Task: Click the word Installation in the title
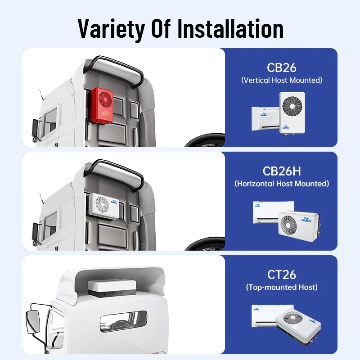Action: point(230,28)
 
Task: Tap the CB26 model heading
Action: point(281,67)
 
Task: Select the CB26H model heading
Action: point(282,171)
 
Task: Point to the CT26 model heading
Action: point(282,274)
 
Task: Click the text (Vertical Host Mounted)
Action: point(282,81)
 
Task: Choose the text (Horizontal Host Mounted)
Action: point(282,184)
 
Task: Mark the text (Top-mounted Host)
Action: point(282,287)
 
